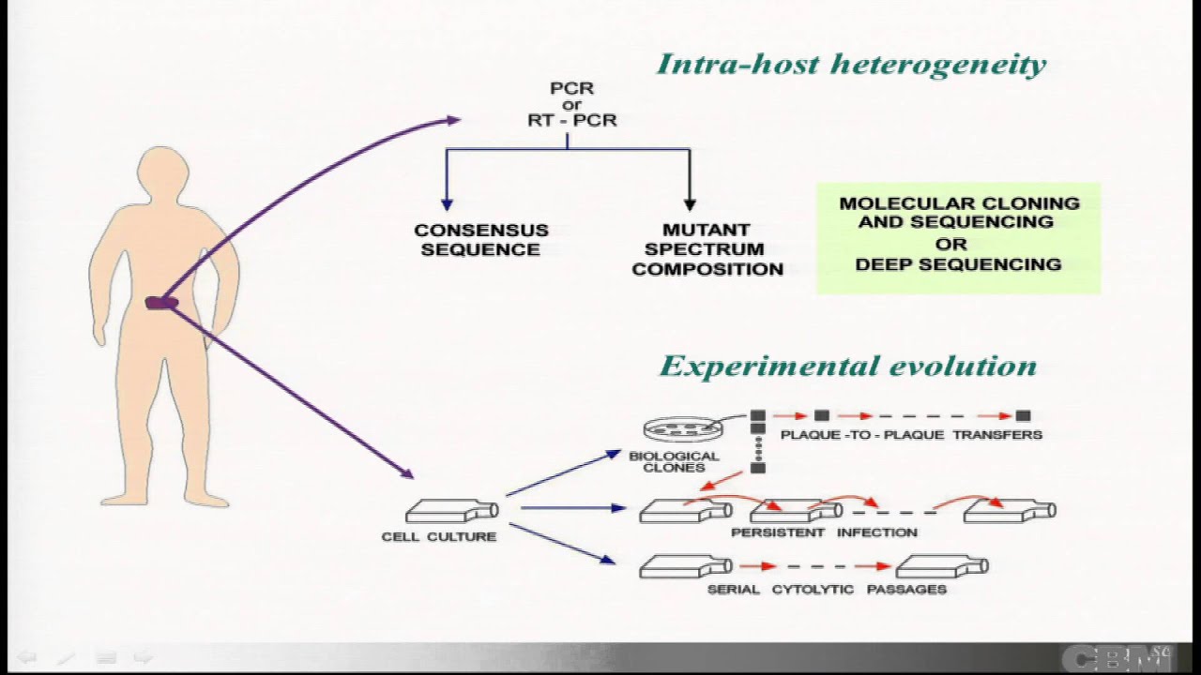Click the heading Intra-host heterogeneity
tap(851, 64)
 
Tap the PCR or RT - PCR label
tap(571, 104)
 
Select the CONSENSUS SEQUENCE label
tap(481, 240)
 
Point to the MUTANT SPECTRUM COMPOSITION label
tap(707, 249)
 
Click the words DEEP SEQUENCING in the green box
tap(958, 264)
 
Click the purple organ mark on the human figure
tap(160, 303)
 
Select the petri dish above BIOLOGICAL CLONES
tap(680, 429)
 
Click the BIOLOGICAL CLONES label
tap(674, 461)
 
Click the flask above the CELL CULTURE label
tap(451, 511)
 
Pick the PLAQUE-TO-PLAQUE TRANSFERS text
tap(911, 435)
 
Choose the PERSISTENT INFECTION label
tap(824, 532)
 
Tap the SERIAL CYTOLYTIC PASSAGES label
tap(827, 589)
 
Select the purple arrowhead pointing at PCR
tap(453, 119)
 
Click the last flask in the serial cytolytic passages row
tap(941, 566)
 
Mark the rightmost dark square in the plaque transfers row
tap(1023, 415)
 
